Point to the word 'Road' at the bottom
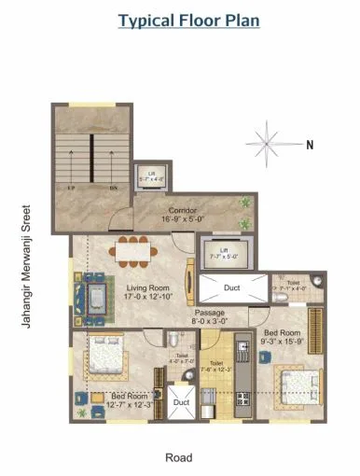[x=178, y=457]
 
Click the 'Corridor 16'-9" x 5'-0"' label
[x=182, y=215]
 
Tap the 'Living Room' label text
[x=146, y=288]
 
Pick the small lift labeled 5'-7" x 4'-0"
[x=151, y=176]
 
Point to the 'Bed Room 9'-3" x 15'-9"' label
[x=282, y=337]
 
